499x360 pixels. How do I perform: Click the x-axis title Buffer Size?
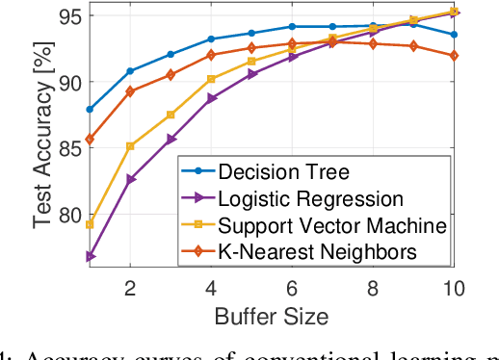273,316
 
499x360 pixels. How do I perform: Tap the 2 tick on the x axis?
130,290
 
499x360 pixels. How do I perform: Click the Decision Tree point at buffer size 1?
90,110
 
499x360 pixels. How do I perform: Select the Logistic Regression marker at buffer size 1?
90,256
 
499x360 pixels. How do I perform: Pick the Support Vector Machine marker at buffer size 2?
130,146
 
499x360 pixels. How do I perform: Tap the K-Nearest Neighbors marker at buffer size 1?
90,140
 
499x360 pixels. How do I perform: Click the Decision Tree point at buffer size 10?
454,35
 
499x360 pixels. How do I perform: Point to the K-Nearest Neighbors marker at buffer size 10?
454,56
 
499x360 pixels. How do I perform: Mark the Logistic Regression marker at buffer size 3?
171,140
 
